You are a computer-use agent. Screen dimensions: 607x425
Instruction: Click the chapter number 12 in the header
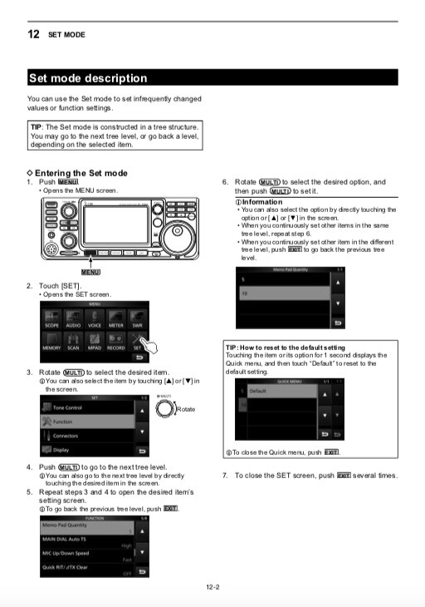(x=34, y=35)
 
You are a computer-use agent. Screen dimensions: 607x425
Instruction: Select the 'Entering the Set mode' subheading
(x=81, y=173)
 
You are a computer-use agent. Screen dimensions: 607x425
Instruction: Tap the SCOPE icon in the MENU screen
(x=51, y=320)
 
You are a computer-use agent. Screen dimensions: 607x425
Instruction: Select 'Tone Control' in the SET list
(x=68, y=407)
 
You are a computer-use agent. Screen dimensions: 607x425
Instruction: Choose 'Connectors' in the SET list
(x=67, y=436)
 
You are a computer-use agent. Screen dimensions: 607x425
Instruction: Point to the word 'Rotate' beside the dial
(x=187, y=410)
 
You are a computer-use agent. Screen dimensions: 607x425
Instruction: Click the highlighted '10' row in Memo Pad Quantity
(x=274, y=294)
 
